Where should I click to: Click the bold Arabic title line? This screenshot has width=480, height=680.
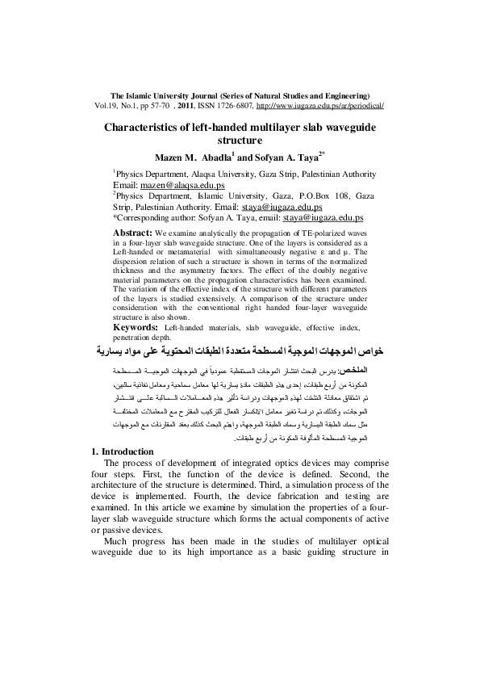point(239,352)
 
